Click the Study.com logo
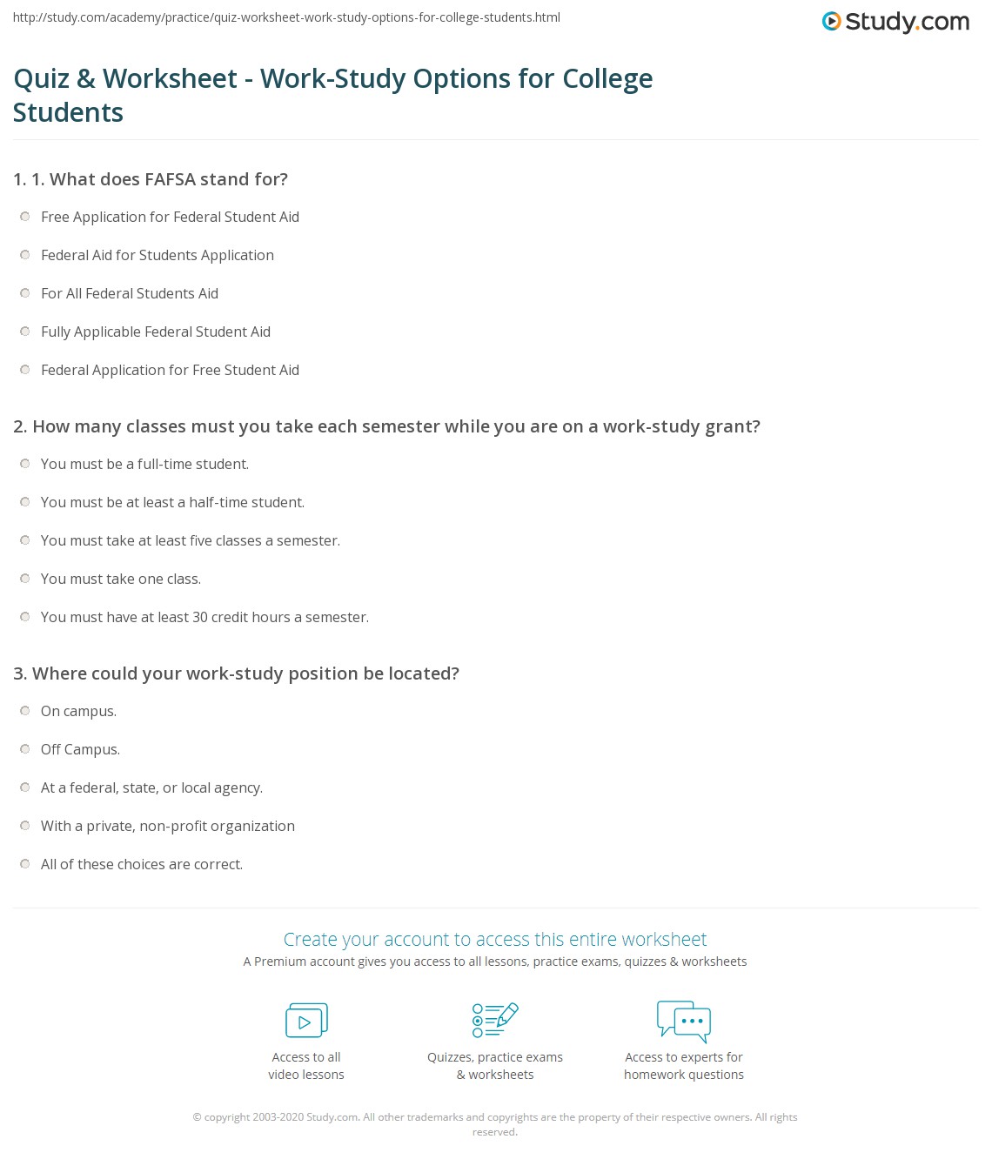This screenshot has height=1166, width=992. pyautogui.click(x=895, y=22)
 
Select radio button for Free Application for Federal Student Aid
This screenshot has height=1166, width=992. pyautogui.click(x=25, y=217)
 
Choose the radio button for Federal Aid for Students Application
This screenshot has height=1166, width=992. pyautogui.click(x=25, y=255)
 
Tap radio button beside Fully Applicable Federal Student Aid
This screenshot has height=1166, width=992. pyautogui.click(x=25, y=332)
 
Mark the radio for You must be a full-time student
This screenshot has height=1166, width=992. pyautogui.click(x=25, y=464)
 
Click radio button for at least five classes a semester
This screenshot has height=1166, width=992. pyautogui.click(x=25, y=540)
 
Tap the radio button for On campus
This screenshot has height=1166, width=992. pyautogui.click(x=25, y=711)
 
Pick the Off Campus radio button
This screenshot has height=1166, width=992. pyautogui.click(x=25, y=749)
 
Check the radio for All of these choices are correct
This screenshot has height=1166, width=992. pyautogui.click(x=25, y=864)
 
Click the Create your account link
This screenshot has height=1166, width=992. pyautogui.click(x=494, y=940)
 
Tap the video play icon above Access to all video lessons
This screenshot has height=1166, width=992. pyautogui.click(x=306, y=1021)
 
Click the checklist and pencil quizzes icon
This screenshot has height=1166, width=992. pyautogui.click(x=495, y=1021)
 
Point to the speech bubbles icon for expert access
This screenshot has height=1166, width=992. pyautogui.click(x=684, y=1021)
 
